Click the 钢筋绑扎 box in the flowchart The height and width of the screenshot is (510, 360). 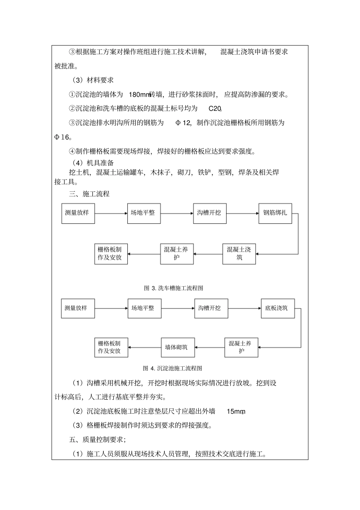[275, 213]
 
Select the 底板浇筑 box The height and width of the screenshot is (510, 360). [277, 308]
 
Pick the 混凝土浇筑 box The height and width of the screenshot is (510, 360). [239, 253]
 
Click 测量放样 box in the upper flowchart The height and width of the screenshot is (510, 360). [78, 213]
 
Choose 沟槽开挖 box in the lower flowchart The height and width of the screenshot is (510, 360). [211, 308]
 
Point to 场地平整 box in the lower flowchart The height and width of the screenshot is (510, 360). [144, 308]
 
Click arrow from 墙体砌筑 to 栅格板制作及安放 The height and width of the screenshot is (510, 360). [144, 347]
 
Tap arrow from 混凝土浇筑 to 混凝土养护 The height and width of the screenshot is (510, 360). [208, 254]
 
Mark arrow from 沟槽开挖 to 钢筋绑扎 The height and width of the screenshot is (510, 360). [243, 213]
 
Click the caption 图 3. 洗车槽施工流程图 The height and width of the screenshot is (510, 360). [174, 288]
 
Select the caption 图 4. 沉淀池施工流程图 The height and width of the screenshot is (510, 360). [172, 368]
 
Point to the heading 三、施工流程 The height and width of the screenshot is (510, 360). [89, 194]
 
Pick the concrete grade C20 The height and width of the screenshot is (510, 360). [215, 109]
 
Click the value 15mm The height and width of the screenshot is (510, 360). [236, 411]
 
